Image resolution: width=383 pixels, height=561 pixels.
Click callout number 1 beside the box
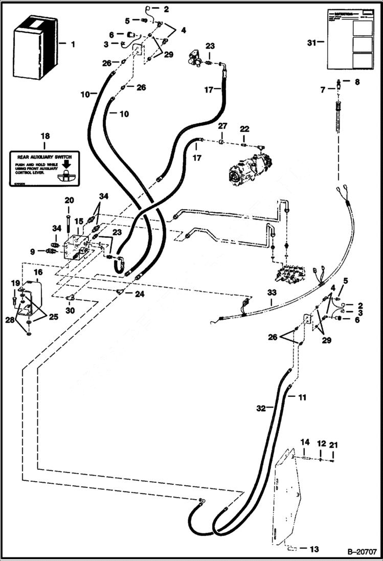[72, 44]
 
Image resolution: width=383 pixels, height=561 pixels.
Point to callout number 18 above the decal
[46, 137]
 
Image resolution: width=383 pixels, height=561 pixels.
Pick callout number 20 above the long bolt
[69, 200]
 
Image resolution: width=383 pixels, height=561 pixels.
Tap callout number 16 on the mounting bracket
[38, 272]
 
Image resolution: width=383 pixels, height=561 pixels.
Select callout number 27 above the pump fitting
[222, 126]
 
